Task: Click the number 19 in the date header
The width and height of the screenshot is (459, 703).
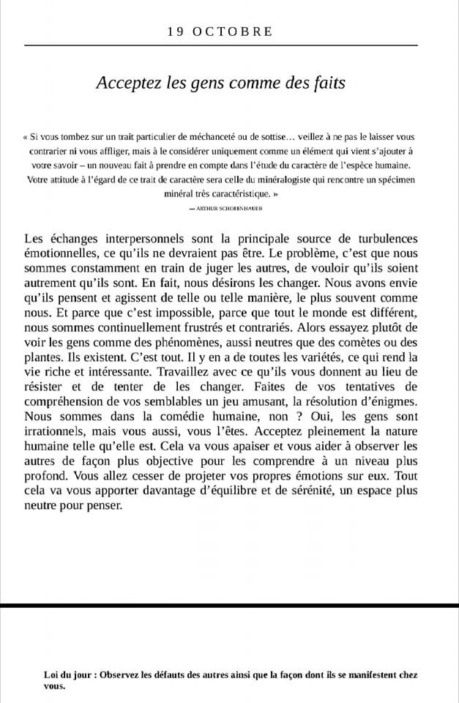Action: (x=175, y=31)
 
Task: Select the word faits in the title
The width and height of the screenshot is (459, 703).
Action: (x=329, y=83)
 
